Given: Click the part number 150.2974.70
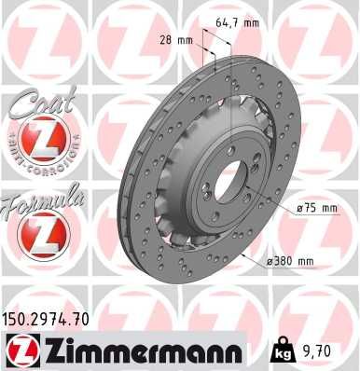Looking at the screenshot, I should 50,320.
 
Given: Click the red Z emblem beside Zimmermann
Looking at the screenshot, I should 21,351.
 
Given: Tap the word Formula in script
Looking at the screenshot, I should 42,201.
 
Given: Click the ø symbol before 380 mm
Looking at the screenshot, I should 270,261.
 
